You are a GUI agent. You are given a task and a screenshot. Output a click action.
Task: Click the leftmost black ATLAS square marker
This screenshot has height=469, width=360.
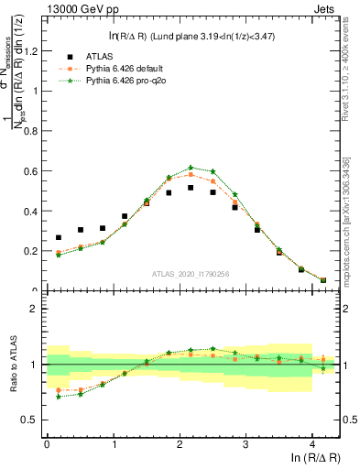click(x=59, y=237)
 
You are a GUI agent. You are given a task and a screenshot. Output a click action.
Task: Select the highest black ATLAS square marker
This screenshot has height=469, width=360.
click(x=191, y=188)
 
